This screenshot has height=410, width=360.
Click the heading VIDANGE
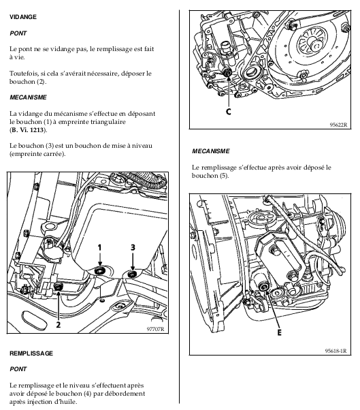pyautogui.click(x=23, y=17)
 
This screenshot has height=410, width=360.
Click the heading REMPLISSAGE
pyautogui.click(x=31, y=353)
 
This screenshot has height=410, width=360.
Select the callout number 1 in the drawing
pyautogui.click(x=99, y=247)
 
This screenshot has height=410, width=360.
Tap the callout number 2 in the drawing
pyautogui.click(x=59, y=324)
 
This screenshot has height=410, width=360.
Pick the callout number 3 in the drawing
pyautogui.click(x=133, y=247)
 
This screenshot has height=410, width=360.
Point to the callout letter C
pyautogui.click(x=229, y=112)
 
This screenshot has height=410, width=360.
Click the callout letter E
pyautogui.click(x=279, y=332)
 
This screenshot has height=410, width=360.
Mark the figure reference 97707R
pyautogui.click(x=155, y=329)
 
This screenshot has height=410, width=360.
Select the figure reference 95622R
pyautogui.click(x=339, y=125)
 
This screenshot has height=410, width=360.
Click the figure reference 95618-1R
pyautogui.click(x=336, y=351)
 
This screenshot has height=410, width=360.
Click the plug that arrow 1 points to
pyautogui.click(x=99, y=271)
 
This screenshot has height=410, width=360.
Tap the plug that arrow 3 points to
pyautogui.click(x=133, y=274)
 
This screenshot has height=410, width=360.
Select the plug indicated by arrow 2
pyautogui.click(x=58, y=286)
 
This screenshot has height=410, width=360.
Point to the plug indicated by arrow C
pyautogui.click(x=229, y=72)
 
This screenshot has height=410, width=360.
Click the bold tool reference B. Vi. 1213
pyautogui.click(x=27, y=130)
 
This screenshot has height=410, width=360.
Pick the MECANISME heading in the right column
pyautogui.click(x=211, y=151)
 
